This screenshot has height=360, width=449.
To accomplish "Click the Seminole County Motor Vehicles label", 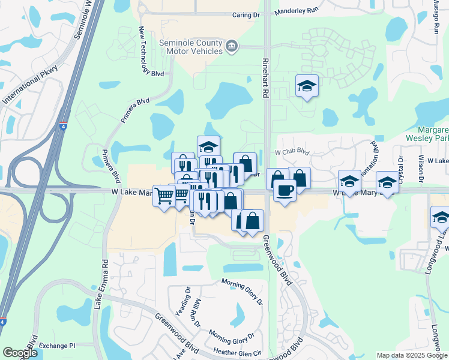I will pos(191,47).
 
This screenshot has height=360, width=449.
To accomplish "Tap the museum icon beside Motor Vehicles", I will pos(232,46).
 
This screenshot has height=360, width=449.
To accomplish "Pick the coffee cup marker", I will pos(285,190).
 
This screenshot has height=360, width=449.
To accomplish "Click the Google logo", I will pos(20,353).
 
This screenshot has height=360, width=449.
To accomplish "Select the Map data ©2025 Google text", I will pos(411,355).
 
